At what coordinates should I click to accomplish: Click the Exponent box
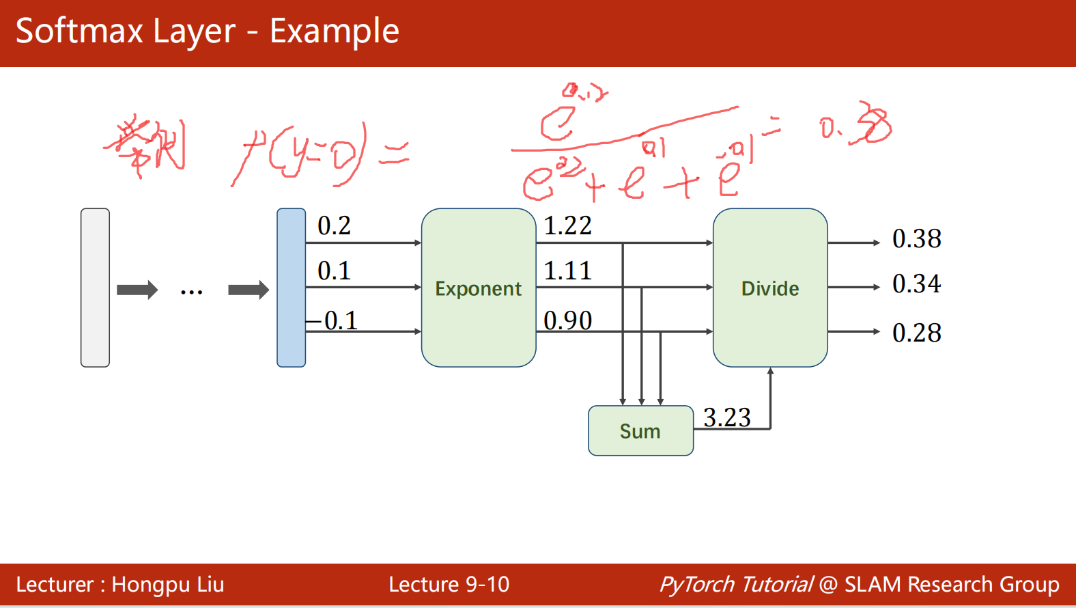click(x=478, y=288)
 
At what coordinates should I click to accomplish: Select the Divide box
click(x=769, y=288)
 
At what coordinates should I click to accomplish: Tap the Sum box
click(x=640, y=431)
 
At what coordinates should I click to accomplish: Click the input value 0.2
click(x=334, y=226)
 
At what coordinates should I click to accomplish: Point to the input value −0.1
click(x=332, y=320)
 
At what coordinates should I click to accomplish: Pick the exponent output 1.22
click(x=567, y=226)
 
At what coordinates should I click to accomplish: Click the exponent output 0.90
click(x=567, y=320)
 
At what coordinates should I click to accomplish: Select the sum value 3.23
click(x=726, y=417)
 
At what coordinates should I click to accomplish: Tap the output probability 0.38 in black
click(x=916, y=239)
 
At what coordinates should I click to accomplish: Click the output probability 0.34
click(x=916, y=284)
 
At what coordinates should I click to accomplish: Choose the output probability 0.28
click(x=916, y=333)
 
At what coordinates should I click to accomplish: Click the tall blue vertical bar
click(x=292, y=288)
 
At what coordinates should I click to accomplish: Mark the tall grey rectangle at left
click(x=95, y=288)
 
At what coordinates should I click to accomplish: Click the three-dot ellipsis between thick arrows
click(x=191, y=292)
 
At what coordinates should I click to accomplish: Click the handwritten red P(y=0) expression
click(x=300, y=154)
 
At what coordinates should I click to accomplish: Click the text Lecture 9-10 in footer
click(x=449, y=585)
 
